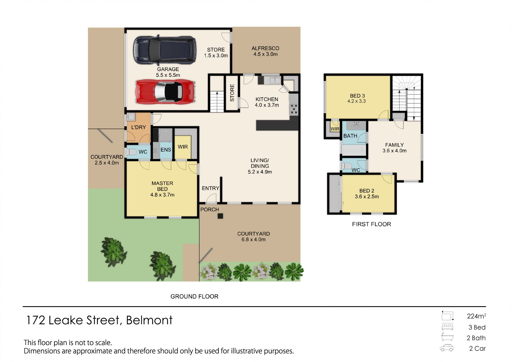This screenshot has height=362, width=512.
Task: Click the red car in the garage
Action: [x=166, y=92]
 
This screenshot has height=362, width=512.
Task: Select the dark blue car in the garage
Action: [x=165, y=50]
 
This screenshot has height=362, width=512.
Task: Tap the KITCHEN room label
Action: [x=267, y=99]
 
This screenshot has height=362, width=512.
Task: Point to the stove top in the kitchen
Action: [x=294, y=109]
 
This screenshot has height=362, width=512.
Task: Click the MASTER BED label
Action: [x=162, y=186]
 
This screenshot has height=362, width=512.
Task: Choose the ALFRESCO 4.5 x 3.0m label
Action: [x=265, y=51]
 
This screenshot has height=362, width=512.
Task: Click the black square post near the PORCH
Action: [x=220, y=216]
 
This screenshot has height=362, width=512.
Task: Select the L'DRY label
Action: [x=138, y=127]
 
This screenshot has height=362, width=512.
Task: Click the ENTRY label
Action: [x=210, y=188]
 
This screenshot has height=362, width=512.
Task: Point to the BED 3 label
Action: [x=357, y=96]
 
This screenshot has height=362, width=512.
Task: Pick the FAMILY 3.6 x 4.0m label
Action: [x=394, y=148]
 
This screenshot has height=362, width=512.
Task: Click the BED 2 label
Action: [x=367, y=191]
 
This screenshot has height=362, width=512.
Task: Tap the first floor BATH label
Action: [x=350, y=136]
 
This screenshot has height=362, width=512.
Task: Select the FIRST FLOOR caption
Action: [x=371, y=224]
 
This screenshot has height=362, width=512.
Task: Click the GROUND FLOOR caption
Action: [x=194, y=296]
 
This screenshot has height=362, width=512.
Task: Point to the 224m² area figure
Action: [x=476, y=316]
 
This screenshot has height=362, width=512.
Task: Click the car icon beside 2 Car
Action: [x=447, y=348]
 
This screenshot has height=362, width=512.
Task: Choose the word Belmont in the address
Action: [x=149, y=320]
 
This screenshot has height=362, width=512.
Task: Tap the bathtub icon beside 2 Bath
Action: [x=447, y=337]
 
